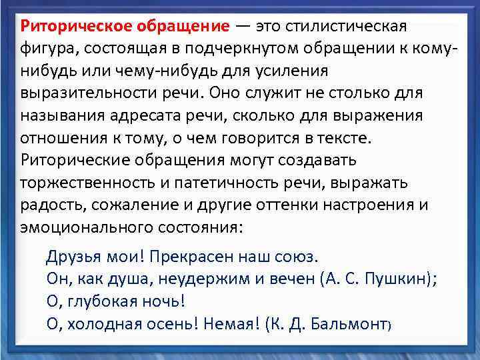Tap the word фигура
point(46,49)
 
